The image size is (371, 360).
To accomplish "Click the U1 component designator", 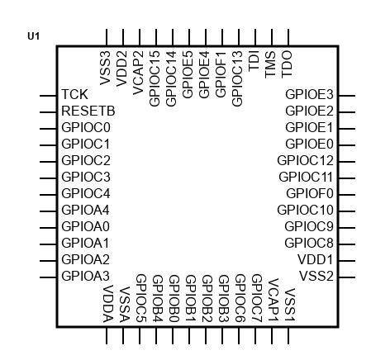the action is tap(33, 36).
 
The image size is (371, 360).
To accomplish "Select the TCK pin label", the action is tap(74, 94).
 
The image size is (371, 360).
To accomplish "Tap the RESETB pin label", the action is tap(88, 111).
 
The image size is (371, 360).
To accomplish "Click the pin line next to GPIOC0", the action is tap(48, 129).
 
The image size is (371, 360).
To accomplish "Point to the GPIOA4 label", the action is tap(85, 210).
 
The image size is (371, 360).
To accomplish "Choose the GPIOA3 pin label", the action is tap(86, 276).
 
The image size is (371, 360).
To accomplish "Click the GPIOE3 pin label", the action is tap(309, 94).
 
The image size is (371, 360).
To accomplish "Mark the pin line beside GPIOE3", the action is tap(347, 96).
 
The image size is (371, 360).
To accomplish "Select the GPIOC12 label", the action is tap(305, 160).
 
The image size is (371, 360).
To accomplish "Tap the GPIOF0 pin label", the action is tap(310, 193).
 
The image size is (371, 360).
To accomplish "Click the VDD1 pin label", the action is tap(316, 259).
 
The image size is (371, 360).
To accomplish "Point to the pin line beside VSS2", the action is tap(347, 277).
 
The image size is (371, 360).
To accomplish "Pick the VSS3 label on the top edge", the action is tap(105, 69).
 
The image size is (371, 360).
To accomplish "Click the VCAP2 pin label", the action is tap(138, 73).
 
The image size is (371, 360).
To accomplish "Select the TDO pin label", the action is tap(287, 64).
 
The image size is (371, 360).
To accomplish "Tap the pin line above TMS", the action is tap(272, 37).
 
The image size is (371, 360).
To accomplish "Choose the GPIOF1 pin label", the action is tap(221, 74).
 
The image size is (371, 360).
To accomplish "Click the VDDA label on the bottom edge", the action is tap(108, 304).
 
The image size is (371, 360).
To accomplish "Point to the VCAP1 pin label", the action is tap(273, 300).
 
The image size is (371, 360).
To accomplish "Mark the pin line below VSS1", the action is tap(288, 335).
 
